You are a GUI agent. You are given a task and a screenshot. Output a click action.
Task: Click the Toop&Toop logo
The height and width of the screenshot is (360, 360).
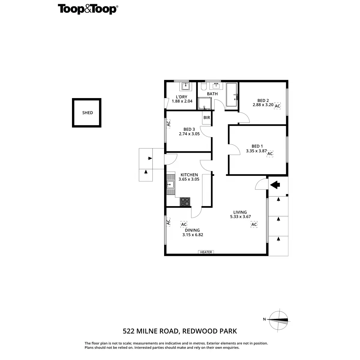click(x=88, y=9)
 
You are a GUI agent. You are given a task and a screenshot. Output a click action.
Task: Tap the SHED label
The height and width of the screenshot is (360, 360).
click(x=88, y=113)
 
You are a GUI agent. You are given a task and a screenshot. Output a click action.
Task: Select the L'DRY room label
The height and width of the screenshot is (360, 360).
click(x=181, y=97)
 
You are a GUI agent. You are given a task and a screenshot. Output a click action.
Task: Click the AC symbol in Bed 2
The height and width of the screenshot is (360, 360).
click(x=277, y=106)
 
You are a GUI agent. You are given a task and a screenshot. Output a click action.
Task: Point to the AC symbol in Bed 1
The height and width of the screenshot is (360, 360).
click(x=270, y=154)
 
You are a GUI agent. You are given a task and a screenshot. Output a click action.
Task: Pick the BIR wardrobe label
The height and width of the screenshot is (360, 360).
click(x=207, y=118)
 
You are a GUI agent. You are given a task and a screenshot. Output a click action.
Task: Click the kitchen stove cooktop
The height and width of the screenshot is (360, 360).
click(x=185, y=202)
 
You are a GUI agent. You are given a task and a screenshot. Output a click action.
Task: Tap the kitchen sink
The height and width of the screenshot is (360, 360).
click(x=171, y=184)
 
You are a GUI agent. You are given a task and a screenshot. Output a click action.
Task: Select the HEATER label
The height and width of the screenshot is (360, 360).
click(x=206, y=252)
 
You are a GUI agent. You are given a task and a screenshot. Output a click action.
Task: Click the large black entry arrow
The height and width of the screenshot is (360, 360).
click(x=275, y=185)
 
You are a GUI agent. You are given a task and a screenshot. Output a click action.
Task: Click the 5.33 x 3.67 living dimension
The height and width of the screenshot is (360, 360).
click(x=240, y=217)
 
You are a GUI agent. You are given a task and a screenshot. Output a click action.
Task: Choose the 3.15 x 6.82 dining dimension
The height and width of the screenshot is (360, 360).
click(x=193, y=235)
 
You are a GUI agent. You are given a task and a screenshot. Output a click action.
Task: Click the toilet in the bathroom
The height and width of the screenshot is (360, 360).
click(x=204, y=87)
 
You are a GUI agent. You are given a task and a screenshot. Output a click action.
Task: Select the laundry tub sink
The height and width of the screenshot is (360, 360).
click(x=185, y=87)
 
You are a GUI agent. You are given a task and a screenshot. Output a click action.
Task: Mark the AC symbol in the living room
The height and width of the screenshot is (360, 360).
click(x=254, y=224)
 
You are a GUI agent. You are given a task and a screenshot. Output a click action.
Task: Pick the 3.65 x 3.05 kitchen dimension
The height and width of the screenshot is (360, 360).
click(x=189, y=179)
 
